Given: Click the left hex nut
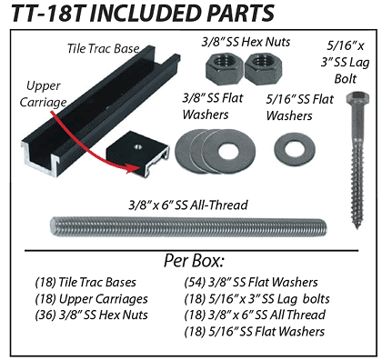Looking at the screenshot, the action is [224, 69].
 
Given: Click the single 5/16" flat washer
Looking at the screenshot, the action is [295, 150].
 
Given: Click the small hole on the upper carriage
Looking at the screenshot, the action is [138, 147].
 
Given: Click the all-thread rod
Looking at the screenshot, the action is [188, 226].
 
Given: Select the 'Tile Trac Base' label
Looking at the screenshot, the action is [104, 48].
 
